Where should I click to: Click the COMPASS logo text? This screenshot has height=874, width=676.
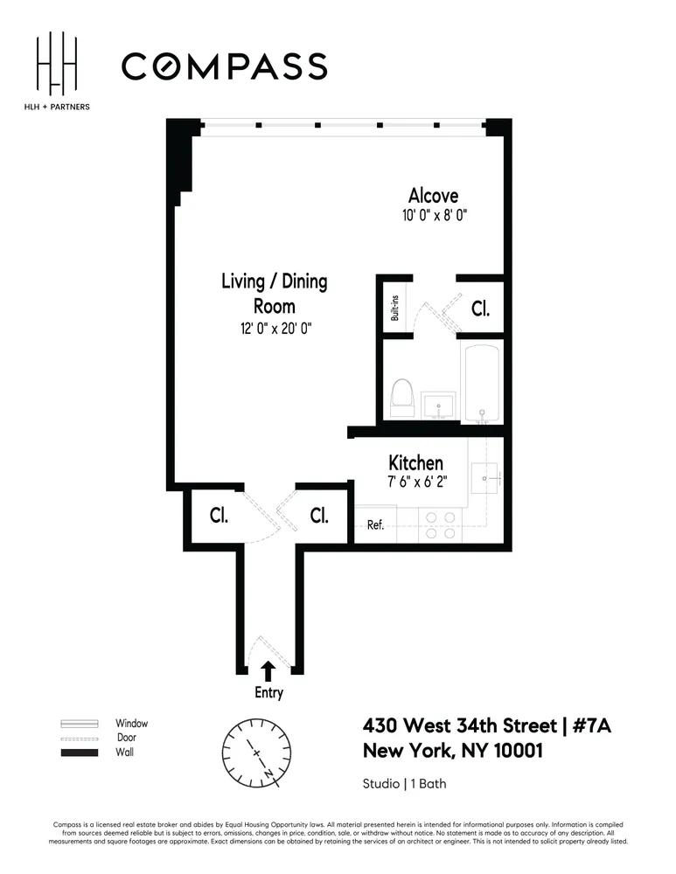point(224,66)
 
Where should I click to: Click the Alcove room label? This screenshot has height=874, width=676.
point(433,196)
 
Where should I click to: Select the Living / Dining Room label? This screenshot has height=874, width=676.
point(274,294)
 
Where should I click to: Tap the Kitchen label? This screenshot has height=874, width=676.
point(415,462)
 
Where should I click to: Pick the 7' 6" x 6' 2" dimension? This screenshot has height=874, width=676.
point(415,482)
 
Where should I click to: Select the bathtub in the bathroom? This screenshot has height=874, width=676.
point(482,384)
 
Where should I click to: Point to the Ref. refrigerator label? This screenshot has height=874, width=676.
point(375,525)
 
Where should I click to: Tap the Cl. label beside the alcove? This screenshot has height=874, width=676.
point(480,309)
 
